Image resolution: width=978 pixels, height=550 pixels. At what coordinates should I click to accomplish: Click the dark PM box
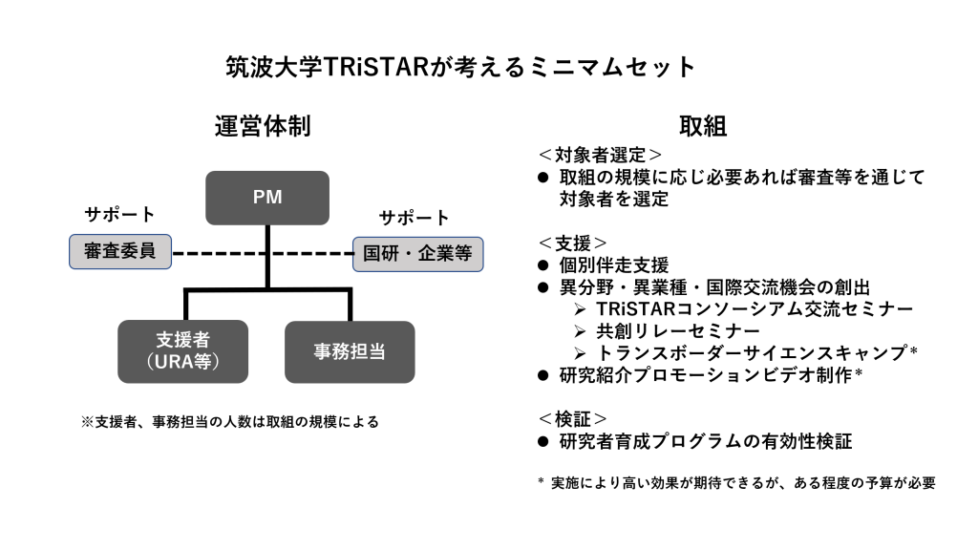[267, 198]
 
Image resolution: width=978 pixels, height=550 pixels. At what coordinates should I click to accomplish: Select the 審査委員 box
[120, 251]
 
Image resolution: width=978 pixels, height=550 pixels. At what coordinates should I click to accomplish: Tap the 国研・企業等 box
[418, 254]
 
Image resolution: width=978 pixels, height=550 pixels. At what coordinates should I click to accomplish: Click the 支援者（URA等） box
[182, 351]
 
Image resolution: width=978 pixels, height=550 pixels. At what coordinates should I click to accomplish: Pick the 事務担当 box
[350, 351]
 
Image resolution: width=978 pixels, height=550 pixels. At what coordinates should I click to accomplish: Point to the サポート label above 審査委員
[119, 215]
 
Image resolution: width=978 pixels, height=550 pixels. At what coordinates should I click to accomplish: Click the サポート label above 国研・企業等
[415, 218]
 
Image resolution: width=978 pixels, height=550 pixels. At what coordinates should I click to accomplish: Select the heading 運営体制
[263, 126]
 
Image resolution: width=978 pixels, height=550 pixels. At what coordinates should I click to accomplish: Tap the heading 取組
[703, 126]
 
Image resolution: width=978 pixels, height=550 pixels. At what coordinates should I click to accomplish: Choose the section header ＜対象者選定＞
[600, 155]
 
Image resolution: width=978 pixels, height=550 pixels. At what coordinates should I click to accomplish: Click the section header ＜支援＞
[573, 243]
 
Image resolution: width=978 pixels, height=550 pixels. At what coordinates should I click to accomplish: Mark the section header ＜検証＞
[573, 418]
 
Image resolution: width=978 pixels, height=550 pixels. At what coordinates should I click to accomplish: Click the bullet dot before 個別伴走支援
[543, 265]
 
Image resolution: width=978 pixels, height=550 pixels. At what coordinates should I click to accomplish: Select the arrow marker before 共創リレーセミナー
[580, 331]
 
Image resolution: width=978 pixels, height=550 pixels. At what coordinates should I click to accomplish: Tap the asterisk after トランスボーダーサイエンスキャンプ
[914, 350]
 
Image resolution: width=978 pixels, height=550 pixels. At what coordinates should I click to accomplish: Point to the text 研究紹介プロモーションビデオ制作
[706, 375]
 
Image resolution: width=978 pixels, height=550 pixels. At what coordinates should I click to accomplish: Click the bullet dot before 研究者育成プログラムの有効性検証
[543, 442]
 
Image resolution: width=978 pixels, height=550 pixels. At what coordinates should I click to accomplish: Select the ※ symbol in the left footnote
[87, 422]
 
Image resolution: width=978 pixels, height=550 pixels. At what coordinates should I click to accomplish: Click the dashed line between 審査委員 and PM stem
[219, 253]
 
